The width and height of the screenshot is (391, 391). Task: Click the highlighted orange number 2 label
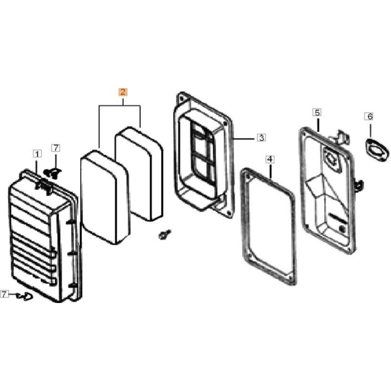(123, 92)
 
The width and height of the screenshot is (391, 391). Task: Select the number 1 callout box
(37, 154)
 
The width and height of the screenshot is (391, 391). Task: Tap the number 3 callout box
(261, 137)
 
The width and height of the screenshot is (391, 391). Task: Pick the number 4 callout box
(270, 159)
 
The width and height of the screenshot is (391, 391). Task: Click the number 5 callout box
(317, 112)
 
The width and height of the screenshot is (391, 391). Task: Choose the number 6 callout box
(370, 116)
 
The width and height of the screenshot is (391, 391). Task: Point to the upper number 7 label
(56, 148)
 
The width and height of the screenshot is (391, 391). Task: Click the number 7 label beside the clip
(4, 294)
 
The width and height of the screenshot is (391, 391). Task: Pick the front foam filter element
(105, 197)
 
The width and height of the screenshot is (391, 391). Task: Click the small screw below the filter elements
(165, 235)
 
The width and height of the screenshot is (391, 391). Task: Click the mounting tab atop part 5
(340, 138)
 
